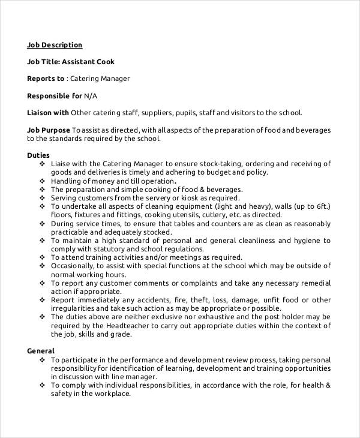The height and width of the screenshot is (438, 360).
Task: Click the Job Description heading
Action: coord(55,44)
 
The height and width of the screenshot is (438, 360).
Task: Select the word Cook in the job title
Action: coord(103,61)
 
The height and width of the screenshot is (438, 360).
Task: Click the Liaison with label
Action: coord(48,112)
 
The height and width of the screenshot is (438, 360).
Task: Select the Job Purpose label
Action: coord(49,130)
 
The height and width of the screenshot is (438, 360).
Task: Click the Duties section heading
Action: coord(40,155)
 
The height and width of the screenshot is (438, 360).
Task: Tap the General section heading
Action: coord(41,350)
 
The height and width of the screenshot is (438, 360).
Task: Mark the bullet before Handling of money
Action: coord(42,181)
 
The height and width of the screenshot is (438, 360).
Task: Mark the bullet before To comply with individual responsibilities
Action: coord(42,385)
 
